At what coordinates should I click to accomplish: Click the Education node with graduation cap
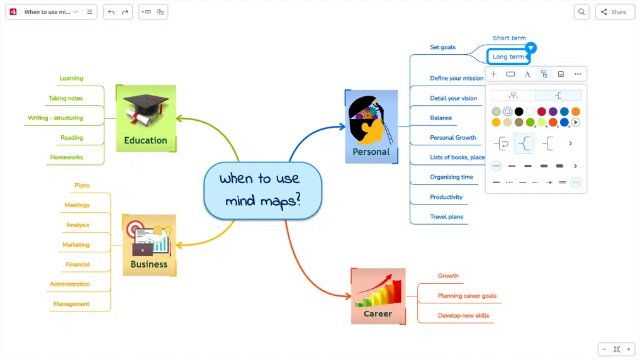[x=146, y=118]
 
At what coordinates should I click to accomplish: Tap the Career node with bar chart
[x=378, y=296]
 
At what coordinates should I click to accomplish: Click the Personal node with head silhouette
[x=371, y=127]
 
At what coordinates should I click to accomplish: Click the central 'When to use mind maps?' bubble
[x=262, y=189]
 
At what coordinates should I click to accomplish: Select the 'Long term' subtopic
[x=508, y=57]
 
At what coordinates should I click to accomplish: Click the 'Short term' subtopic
[x=509, y=38]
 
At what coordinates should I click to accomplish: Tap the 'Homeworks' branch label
[x=67, y=157]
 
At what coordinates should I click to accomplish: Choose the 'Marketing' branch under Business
[x=76, y=245]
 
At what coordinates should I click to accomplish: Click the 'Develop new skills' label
[x=463, y=315]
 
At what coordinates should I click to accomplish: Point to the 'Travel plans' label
[x=446, y=217]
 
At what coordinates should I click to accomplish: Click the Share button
[x=614, y=12]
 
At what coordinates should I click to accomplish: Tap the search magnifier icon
[x=581, y=12]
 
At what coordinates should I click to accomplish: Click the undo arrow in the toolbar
[x=111, y=12]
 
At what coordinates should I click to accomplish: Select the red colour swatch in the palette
[x=541, y=111]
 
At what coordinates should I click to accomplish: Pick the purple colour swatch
[x=553, y=111]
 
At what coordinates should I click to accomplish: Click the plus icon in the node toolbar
[x=494, y=74]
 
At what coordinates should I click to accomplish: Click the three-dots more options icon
[x=578, y=74]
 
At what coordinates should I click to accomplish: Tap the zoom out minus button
[x=605, y=349]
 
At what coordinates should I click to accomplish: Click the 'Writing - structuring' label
[x=55, y=118]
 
